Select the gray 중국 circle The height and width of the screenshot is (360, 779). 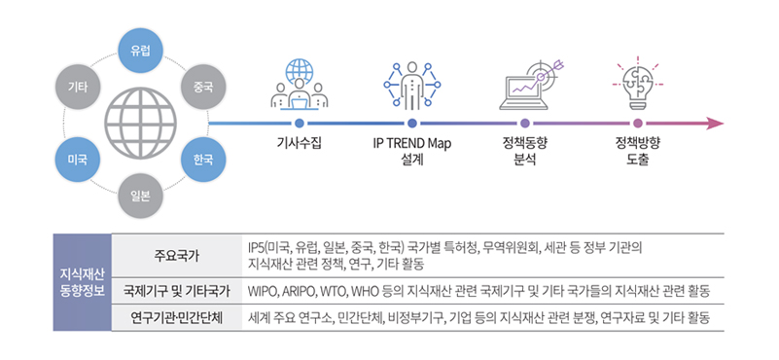(x=203, y=88)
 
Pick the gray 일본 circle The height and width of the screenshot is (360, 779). (x=139, y=195)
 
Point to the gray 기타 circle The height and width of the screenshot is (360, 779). (x=78, y=88)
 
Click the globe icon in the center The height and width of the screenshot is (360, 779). (x=139, y=123)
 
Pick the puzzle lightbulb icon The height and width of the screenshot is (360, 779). (x=638, y=83)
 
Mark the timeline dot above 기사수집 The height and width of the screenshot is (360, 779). (x=299, y=124)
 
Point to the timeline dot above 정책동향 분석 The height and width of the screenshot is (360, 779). (x=525, y=124)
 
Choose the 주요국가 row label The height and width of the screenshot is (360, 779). (x=176, y=256)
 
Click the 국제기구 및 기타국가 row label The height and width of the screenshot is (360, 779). (x=176, y=291)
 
